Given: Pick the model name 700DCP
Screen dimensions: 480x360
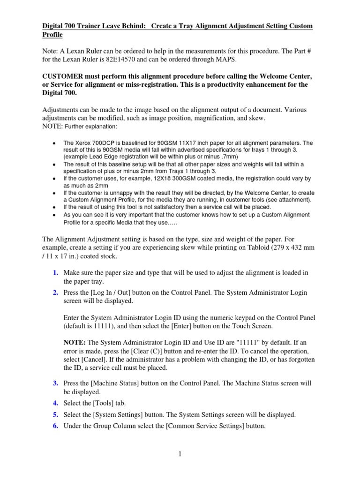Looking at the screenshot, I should click(100, 142).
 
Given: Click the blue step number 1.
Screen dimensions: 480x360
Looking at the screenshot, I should click(55, 273).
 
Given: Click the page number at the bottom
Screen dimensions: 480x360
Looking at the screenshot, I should click(180, 454).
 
